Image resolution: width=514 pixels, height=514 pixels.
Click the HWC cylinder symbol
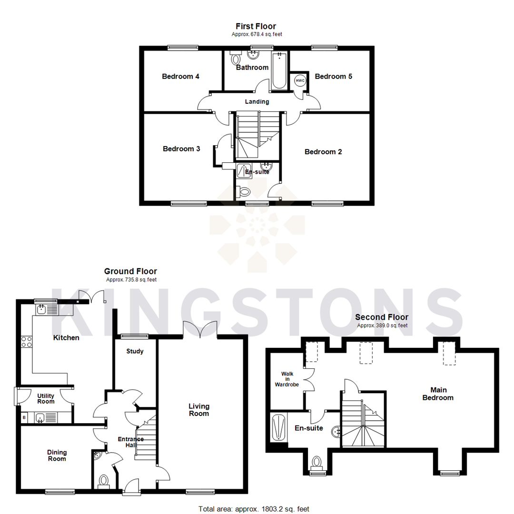(x=300, y=80)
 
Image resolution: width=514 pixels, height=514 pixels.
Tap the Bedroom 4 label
(x=180, y=76)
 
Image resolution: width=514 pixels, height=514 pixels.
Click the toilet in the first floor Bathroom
(x=235, y=59)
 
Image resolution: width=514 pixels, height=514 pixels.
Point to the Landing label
(x=257, y=101)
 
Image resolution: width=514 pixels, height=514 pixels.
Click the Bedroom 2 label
(x=323, y=152)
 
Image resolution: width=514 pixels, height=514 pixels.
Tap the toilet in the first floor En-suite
(x=245, y=192)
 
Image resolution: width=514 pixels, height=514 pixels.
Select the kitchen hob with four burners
(x=27, y=341)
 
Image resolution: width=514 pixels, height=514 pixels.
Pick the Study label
(x=135, y=351)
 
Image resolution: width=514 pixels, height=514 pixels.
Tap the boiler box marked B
(x=24, y=418)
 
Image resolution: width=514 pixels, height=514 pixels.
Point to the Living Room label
(x=199, y=410)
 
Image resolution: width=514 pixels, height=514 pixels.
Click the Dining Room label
(x=57, y=455)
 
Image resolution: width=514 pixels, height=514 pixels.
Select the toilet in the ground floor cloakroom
(x=103, y=481)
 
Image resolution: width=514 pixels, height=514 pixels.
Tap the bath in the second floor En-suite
(x=278, y=426)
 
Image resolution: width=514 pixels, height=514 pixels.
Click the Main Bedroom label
(x=438, y=394)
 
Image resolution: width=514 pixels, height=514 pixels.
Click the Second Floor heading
(x=382, y=317)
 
